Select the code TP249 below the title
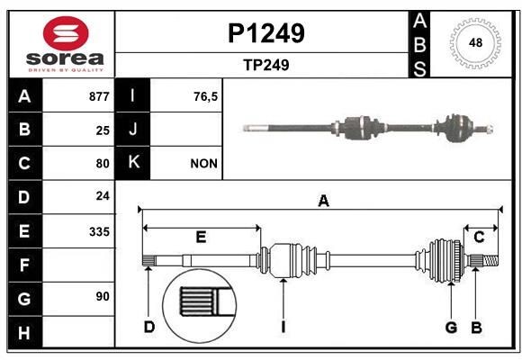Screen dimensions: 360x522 click(265, 65)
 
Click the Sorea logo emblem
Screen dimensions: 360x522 click(67, 35)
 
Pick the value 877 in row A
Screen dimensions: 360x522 click(99, 96)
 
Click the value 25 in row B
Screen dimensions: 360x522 click(103, 130)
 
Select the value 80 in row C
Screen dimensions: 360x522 click(103, 164)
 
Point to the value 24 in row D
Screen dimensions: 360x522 click(103, 195)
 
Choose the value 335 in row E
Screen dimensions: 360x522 click(99, 231)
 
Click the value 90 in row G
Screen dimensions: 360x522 click(103, 296)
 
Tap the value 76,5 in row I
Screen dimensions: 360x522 click(206, 96)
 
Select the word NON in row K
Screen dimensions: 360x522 click(202, 164)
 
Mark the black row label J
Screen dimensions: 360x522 click(133, 130)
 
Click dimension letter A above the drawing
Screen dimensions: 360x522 click(323, 202)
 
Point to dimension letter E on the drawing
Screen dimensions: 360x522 click(201, 238)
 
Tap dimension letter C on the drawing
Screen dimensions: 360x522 click(479, 238)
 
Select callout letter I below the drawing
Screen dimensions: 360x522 click(283, 327)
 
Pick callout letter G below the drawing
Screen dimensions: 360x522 click(452, 327)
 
